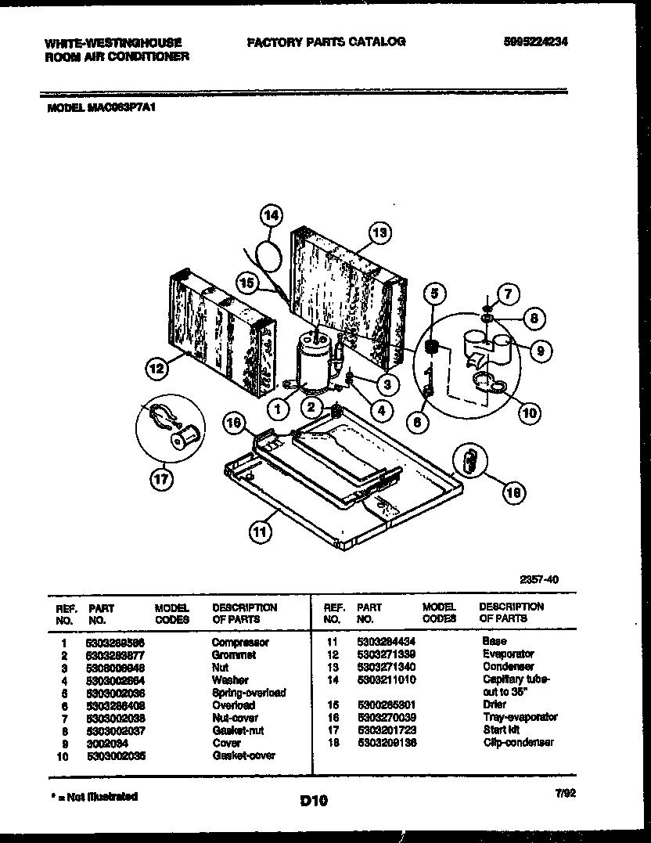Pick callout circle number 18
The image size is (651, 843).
coord(513,492)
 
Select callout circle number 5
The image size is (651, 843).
coord(436,294)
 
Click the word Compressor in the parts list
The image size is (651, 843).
coord(240,643)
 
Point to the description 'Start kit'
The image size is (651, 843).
coord(502,730)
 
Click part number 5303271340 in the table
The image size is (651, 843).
coord(386,667)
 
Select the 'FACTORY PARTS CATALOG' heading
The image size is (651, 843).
coord(326,41)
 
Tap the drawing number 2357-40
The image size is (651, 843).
coord(540,580)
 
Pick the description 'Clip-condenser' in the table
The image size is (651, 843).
coord(518,742)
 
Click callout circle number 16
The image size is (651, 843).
coord(232,423)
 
